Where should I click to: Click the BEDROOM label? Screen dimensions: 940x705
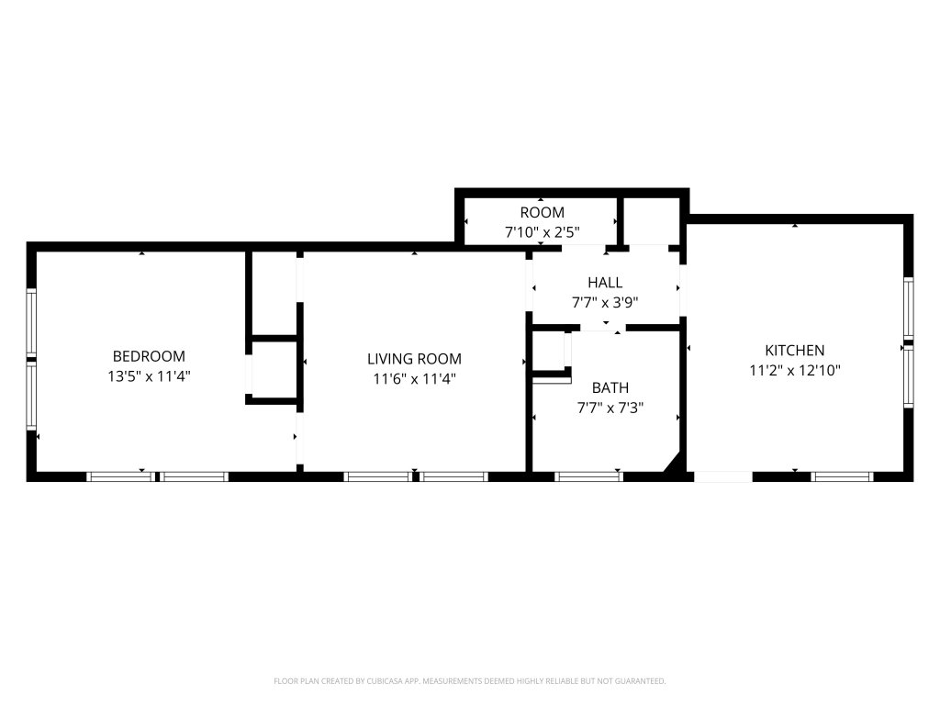tap(149, 356)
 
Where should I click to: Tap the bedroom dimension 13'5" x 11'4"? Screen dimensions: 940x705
tap(149, 376)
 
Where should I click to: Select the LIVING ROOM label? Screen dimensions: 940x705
tap(414, 359)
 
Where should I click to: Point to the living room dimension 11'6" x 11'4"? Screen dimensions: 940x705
tap(414, 379)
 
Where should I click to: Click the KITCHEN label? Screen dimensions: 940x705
tap(794, 350)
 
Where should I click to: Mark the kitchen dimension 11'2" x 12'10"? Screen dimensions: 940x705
tap(794, 371)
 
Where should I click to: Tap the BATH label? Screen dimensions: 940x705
tap(610, 388)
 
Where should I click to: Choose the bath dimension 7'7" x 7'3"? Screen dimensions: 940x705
tap(610, 408)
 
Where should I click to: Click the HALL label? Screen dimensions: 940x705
tap(605, 283)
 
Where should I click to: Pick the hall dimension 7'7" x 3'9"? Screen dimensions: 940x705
tap(605, 302)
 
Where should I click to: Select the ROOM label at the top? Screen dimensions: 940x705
tap(542, 212)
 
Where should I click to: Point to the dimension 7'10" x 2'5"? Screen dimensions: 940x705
tap(542, 232)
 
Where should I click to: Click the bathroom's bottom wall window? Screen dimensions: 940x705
tap(588, 476)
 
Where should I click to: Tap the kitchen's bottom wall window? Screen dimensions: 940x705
tap(843, 476)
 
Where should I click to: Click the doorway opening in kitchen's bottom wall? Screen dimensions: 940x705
tap(723, 476)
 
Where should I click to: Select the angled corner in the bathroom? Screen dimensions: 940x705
tap(673, 463)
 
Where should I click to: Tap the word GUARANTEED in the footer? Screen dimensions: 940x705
tap(641, 681)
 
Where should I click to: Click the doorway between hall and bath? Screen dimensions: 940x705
tap(603, 328)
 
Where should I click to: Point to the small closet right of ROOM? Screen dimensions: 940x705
tap(651, 220)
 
